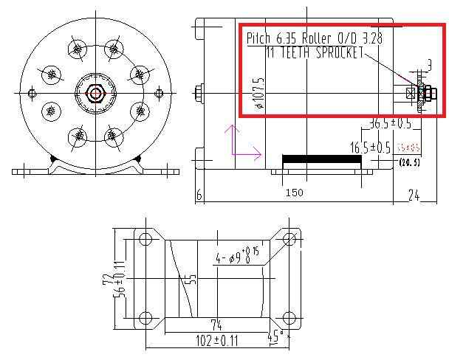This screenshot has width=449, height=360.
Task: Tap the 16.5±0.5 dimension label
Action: tap(370, 148)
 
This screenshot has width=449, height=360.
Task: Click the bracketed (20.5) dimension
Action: tap(409, 162)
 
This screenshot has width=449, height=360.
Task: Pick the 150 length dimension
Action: tap(294, 193)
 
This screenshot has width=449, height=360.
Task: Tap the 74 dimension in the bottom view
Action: tap(216, 324)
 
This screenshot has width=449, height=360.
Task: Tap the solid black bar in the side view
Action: tap(326, 159)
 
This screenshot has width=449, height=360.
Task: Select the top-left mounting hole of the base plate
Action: tap(145, 240)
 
